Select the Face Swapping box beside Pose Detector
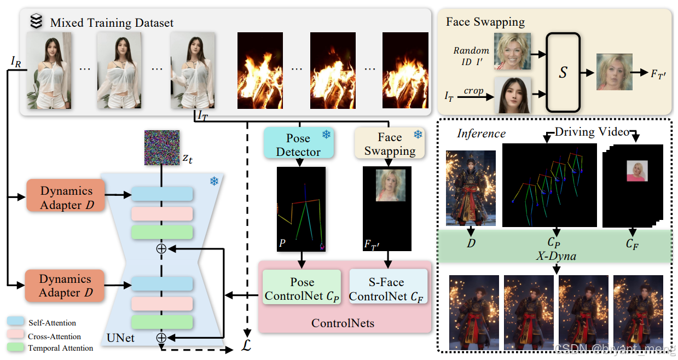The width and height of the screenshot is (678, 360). (390, 143)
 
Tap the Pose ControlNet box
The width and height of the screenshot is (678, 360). (302, 288)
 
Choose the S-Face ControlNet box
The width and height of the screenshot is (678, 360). (388, 288)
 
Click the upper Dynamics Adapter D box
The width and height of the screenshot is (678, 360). (65, 198)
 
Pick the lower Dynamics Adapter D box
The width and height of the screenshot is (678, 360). (65, 286)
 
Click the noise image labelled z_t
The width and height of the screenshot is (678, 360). (161, 148)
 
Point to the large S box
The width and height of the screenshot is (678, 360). (563, 72)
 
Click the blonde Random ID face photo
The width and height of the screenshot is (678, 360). (512, 50)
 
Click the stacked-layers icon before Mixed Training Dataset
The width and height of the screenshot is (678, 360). (36, 21)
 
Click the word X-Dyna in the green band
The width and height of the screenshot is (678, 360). (555, 256)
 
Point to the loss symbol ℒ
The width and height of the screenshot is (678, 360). (247, 347)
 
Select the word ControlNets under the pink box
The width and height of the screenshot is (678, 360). (343, 323)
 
